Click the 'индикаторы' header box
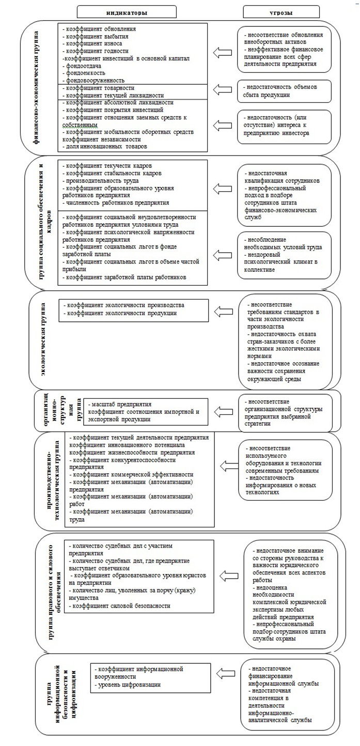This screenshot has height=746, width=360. click(127, 11)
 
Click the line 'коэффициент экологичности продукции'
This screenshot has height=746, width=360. click(122, 314)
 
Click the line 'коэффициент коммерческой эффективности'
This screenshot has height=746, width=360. click(132, 474)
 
